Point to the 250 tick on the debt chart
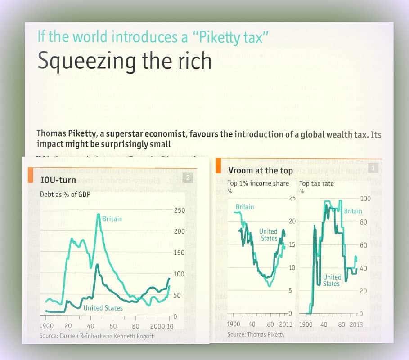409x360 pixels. pos(179,210)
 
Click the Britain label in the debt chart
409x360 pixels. pos(112,219)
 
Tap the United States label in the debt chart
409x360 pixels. pos(103,308)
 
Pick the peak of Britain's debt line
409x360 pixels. pos(99,214)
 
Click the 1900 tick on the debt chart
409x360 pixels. pos(46,326)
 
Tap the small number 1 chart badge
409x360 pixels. pos(373,169)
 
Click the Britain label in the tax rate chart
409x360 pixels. pos(353,211)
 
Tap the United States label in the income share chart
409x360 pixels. pos(269,235)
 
